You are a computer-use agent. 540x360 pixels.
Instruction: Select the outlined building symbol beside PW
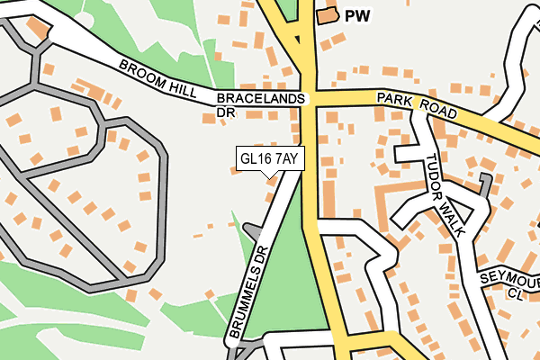click(326, 14)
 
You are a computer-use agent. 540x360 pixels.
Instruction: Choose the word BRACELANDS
click(261, 98)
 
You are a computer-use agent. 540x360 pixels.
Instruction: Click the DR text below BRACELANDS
click(225, 113)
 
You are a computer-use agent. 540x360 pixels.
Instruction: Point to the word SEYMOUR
click(508, 278)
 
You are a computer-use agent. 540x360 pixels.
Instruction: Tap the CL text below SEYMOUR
click(514, 293)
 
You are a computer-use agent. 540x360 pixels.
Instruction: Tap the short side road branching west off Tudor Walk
click(409, 154)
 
